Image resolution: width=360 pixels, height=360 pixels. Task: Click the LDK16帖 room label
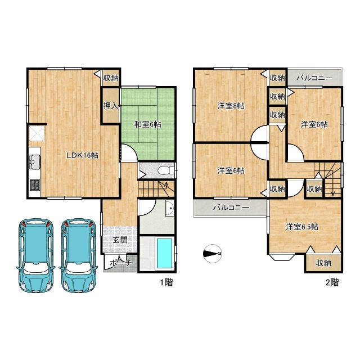pyautogui.click(x=82, y=155)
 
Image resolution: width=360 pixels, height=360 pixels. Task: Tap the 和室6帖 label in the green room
pyautogui.click(x=147, y=124)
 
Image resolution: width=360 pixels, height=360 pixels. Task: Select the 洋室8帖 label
pyautogui.click(x=231, y=106)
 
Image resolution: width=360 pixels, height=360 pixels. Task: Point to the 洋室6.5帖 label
pyautogui.click(x=302, y=227)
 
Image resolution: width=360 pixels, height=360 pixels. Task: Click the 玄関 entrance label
pyautogui.click(x=120, y=240)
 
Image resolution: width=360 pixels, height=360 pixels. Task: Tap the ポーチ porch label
pyautogui.click(x=120, y=263)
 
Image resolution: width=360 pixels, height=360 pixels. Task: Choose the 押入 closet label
pyautogui.click(x=111, y=106)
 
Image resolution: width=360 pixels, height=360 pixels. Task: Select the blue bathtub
pyautogui.click(x=164, y=254)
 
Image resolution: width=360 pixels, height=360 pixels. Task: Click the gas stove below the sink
pyautogui.click(x=35, y=185)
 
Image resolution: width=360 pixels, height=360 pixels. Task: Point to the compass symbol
pyautogui.click(x=213, y=254)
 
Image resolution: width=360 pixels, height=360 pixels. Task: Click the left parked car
pyautogui.click(x=36, y=255)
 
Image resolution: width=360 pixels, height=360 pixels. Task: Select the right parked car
pyautogui.click(x=79, y=255)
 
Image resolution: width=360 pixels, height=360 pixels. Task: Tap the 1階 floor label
pyautogui.click(x=166, y=282)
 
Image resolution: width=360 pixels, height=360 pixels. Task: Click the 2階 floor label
pyautogui.click(x=332, y=282)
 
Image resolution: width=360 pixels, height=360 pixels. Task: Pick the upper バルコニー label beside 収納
pyautogui.click(x=314, y=78)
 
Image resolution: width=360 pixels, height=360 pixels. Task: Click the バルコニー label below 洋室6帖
pyautogui.click(x=231, y=208)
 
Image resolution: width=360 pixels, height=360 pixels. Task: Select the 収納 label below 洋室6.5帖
pyautogui.click(x=323, y=263)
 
